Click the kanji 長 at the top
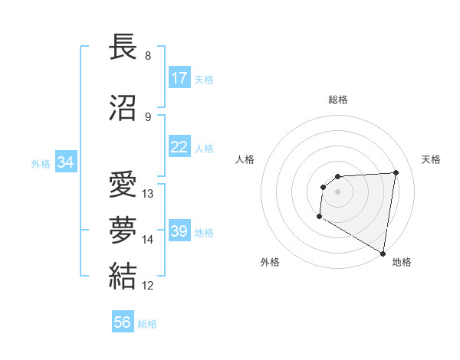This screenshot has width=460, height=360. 124,48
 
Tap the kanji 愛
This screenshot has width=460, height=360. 124,186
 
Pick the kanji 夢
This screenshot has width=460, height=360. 124,231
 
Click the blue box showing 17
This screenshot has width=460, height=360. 179,78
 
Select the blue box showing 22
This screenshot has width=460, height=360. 179,147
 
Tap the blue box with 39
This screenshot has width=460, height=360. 179,231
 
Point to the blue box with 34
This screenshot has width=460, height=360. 66,162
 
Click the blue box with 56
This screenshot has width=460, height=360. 123,322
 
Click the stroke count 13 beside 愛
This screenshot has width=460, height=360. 148,194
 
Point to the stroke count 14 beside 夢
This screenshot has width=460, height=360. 148,240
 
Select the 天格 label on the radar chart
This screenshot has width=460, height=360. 432,159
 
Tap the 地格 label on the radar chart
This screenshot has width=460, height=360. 402,262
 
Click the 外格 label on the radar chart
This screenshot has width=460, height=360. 270,262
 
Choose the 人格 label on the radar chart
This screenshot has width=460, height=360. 245,159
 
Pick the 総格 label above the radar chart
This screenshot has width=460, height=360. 338,100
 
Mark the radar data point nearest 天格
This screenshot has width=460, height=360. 396,172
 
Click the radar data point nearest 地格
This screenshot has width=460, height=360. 383,254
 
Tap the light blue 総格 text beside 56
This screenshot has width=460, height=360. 147,324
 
